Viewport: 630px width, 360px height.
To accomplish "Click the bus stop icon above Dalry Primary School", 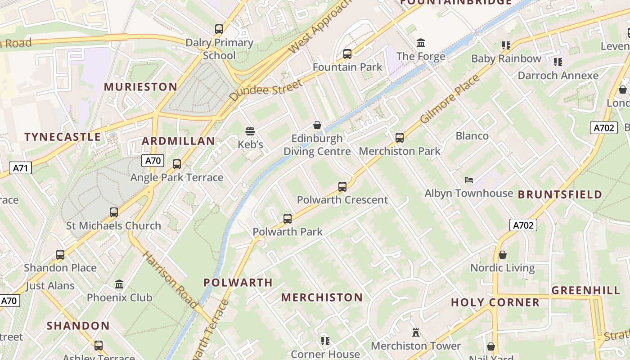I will [x=219, y=29].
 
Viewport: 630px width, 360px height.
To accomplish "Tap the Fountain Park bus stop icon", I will [x=347, y=54].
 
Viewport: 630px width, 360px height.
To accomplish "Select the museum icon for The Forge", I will [x=421, y=43].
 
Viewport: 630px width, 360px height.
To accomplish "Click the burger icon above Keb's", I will [x=250, y=131].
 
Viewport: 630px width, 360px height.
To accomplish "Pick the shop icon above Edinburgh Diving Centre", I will [x=317, y=125].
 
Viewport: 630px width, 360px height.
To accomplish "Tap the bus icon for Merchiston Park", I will [x=399, y=138].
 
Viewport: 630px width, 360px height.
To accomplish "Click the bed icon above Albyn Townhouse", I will [x=469, y=180].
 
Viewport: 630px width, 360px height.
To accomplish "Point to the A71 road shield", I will [x=20, y=168].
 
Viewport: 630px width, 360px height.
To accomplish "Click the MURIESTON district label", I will [x=141, y=87].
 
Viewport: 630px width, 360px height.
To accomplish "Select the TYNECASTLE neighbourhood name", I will [x=63, y=137].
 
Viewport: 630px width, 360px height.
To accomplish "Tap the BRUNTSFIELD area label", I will [x=560, y=194].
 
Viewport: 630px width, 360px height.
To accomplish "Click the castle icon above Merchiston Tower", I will [x=416, y=333].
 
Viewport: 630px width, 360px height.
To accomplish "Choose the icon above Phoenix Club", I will [x=119, y=284].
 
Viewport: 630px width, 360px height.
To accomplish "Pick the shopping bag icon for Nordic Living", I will [x=503, y=255].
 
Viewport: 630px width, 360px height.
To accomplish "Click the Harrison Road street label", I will [x=170, y=279].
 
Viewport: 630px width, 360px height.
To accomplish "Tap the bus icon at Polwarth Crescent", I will [x=342, y=187].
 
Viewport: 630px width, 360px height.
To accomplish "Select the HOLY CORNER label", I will [x=495, y=302].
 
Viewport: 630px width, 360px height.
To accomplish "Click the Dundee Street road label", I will [x=265, y=90].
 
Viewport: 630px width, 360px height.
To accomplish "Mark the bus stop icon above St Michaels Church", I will [x=114, y=212].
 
